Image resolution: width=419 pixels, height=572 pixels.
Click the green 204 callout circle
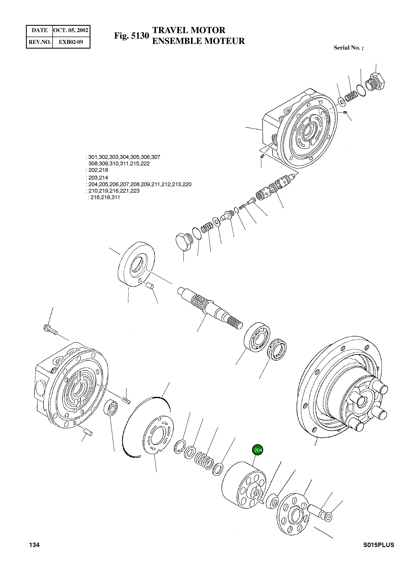tap(258, 450)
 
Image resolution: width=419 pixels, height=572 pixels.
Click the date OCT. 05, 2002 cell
tap(71, 30)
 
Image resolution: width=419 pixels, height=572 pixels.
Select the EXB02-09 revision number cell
tap(71, 42)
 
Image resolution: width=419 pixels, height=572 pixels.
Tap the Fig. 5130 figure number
tap(131, 36)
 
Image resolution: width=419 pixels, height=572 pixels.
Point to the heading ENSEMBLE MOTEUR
tap(198, 41)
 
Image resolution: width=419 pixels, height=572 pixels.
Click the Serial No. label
tap(348, 48)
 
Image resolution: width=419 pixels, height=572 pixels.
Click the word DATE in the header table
tap(40, 30)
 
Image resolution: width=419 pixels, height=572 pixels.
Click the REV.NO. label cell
tap(40, 42)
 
